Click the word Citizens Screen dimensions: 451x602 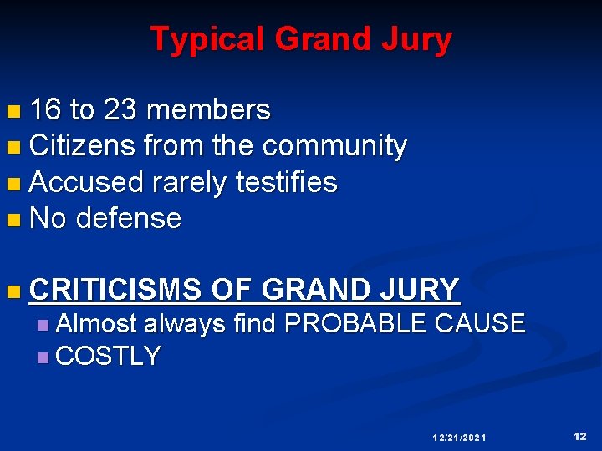coord(82,146)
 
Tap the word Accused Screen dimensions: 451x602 coord(86,182)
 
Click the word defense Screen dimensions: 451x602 coord(128,219)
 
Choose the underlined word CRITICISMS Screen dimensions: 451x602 coord(115,290)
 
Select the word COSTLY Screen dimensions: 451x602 coord(108,357)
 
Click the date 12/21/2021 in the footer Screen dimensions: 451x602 coord(459,438)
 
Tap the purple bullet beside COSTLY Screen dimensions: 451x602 coord(43,358)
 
